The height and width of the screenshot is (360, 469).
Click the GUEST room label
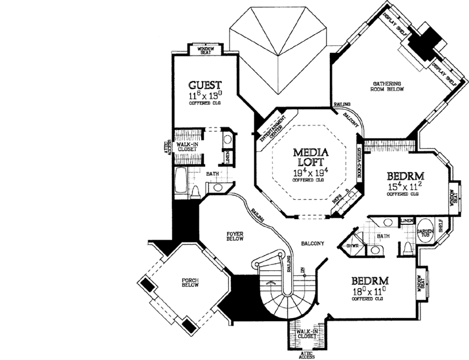click(205, 85)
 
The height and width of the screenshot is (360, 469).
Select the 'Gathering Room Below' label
click(388, 87)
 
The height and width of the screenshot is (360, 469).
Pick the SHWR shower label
click(353, 246)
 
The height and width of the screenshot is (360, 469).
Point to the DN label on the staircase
click(301, 270)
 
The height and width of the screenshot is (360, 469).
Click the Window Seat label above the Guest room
click(205, 49)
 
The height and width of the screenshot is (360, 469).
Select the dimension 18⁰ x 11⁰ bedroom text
click(370, 292)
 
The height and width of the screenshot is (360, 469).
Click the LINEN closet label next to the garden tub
click(406, 221)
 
